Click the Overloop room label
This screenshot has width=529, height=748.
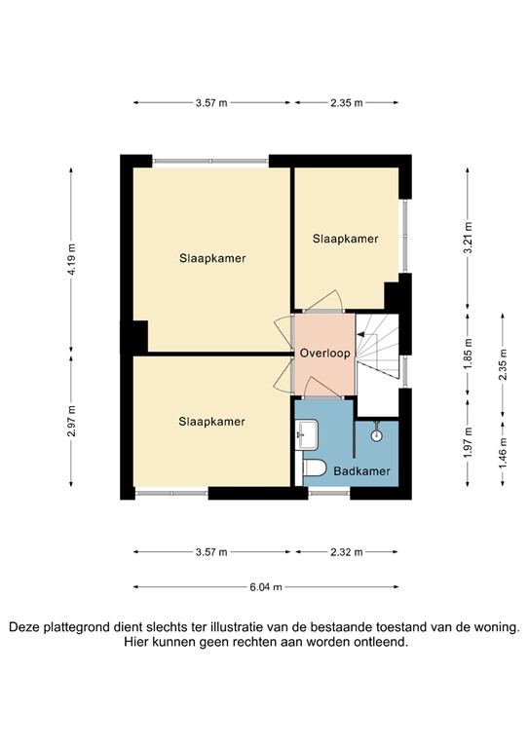(x=324, y=353)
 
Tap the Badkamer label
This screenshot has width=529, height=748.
(x=362, y=471)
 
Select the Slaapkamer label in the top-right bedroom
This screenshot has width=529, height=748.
(x=345, y=238)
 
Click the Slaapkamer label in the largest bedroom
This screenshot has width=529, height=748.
(x=211, y=258)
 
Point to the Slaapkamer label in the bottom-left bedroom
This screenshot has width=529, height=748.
(x=211, y=421)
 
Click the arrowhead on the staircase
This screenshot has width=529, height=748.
(x=359, y=334)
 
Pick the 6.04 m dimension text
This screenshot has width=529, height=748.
(x=266, y=587)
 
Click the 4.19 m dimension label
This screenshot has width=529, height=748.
(x=72, y=260)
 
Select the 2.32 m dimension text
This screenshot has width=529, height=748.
(x=346, y=552)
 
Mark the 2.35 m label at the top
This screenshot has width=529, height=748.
(x=346, y=102)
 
